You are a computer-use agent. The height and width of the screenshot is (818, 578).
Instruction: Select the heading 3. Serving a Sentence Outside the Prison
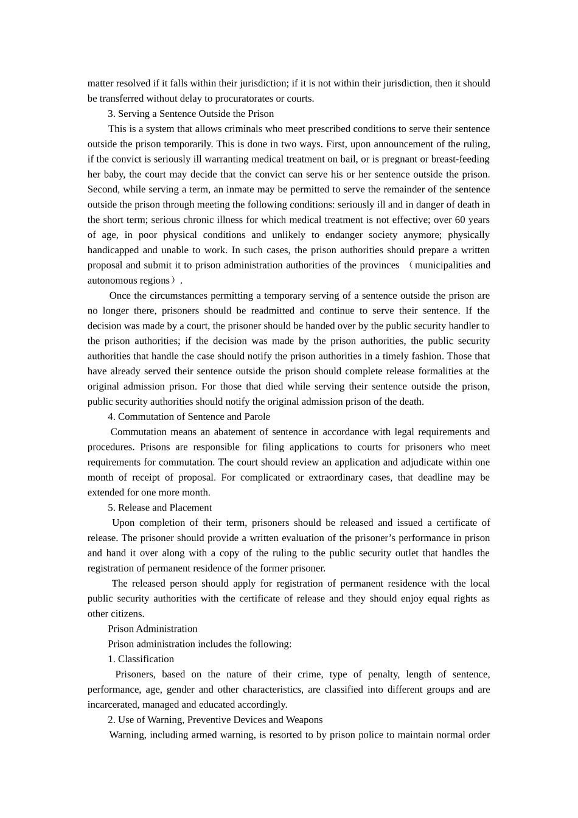click(190, 114)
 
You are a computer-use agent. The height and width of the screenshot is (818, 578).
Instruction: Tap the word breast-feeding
click(460, 159)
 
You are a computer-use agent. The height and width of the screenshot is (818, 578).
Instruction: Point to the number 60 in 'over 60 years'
click(461, 220)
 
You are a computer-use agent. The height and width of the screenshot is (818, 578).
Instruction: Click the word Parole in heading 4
click(256, 417)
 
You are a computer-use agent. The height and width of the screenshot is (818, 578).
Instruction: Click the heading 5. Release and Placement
click(159, 508)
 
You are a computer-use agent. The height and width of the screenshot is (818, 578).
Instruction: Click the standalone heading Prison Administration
click(153, 629)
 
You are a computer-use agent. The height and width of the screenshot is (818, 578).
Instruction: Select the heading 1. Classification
click(141, 659)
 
